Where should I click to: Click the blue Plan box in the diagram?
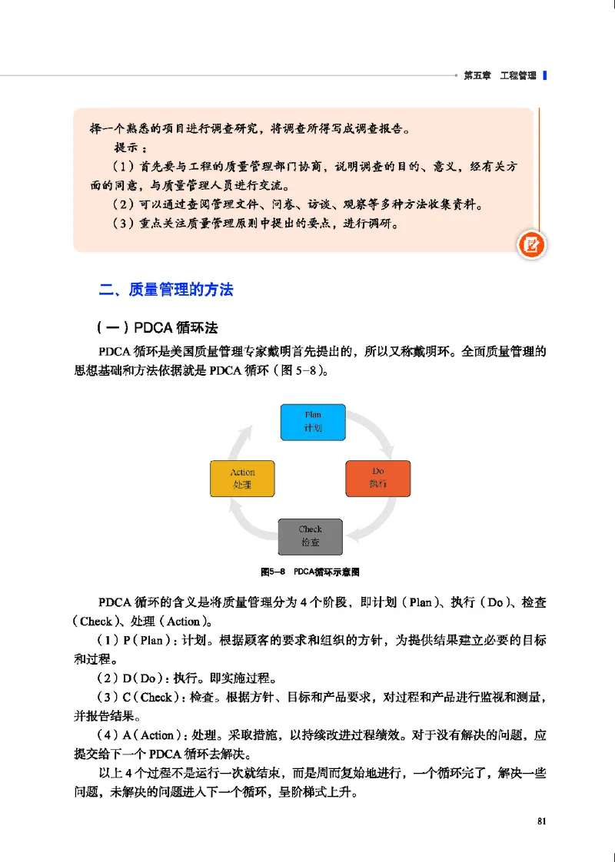[312, 421]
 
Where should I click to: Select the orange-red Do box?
[377, 478]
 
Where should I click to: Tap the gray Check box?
[311, 535]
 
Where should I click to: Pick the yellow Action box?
[242, 478]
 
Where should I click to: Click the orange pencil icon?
[532, 245]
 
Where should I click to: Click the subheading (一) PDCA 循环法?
[158, 329]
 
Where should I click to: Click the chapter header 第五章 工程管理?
[500, 75]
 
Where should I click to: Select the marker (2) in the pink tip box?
[123, 205]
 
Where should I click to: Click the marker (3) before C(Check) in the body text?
[108, 697]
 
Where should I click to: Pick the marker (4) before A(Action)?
[108, 735]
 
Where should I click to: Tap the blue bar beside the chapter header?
[544, 75]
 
